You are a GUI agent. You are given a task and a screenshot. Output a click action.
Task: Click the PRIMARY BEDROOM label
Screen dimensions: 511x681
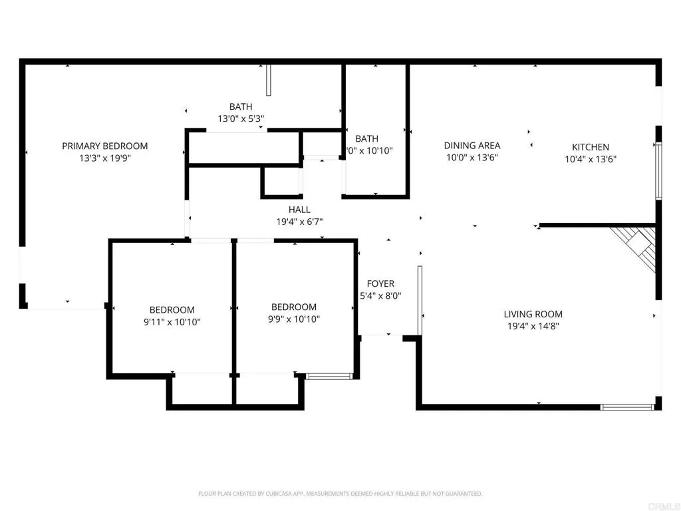click(x=105, y=146)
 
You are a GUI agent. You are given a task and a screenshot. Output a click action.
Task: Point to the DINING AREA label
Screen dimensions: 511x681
click(x=472, y=145)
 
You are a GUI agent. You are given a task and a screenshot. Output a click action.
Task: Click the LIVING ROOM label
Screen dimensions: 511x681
click(x=533, y=314)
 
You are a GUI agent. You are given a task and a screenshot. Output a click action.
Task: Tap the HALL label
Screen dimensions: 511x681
click(x=299, y=210)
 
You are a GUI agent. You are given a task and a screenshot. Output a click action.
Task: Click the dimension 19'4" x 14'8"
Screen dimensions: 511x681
click(x=533, y=326)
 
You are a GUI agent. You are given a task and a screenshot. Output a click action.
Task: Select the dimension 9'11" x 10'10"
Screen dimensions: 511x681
click(x=172, y=321)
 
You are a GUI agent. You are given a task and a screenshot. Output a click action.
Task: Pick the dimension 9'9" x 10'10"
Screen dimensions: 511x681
click(x=294, y=319)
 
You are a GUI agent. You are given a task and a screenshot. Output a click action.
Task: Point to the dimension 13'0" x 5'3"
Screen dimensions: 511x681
click(x=241, y=118)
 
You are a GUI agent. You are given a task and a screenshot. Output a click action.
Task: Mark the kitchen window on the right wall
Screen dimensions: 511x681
click(x=658, y=170)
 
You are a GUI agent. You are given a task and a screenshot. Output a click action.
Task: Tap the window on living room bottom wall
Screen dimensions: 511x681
click(x=627, y=407)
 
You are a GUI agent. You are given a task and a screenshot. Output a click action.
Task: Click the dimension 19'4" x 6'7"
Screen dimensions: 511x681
click(x=299, y=222)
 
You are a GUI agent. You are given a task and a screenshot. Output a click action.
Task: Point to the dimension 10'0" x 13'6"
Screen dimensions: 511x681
click(x=472, y=158)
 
